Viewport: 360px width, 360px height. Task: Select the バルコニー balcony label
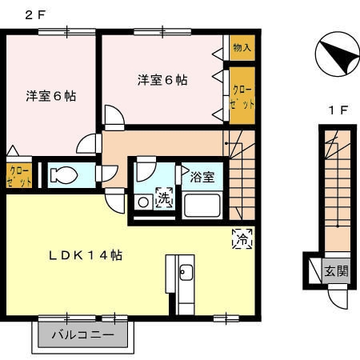[x=82, y=334]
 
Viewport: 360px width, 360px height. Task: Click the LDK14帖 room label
[x=87, y=255]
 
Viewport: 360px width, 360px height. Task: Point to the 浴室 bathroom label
[x=202, y=176]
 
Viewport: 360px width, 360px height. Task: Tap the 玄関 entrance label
[x=337, y=271]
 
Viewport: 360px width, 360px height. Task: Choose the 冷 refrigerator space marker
[x=242, y=237]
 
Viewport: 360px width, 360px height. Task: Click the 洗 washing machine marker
[x=163, y=198]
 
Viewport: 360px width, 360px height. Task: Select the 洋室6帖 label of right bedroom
[x=162, y=80]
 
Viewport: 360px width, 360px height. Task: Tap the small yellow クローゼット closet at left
[x=19, y=174]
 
